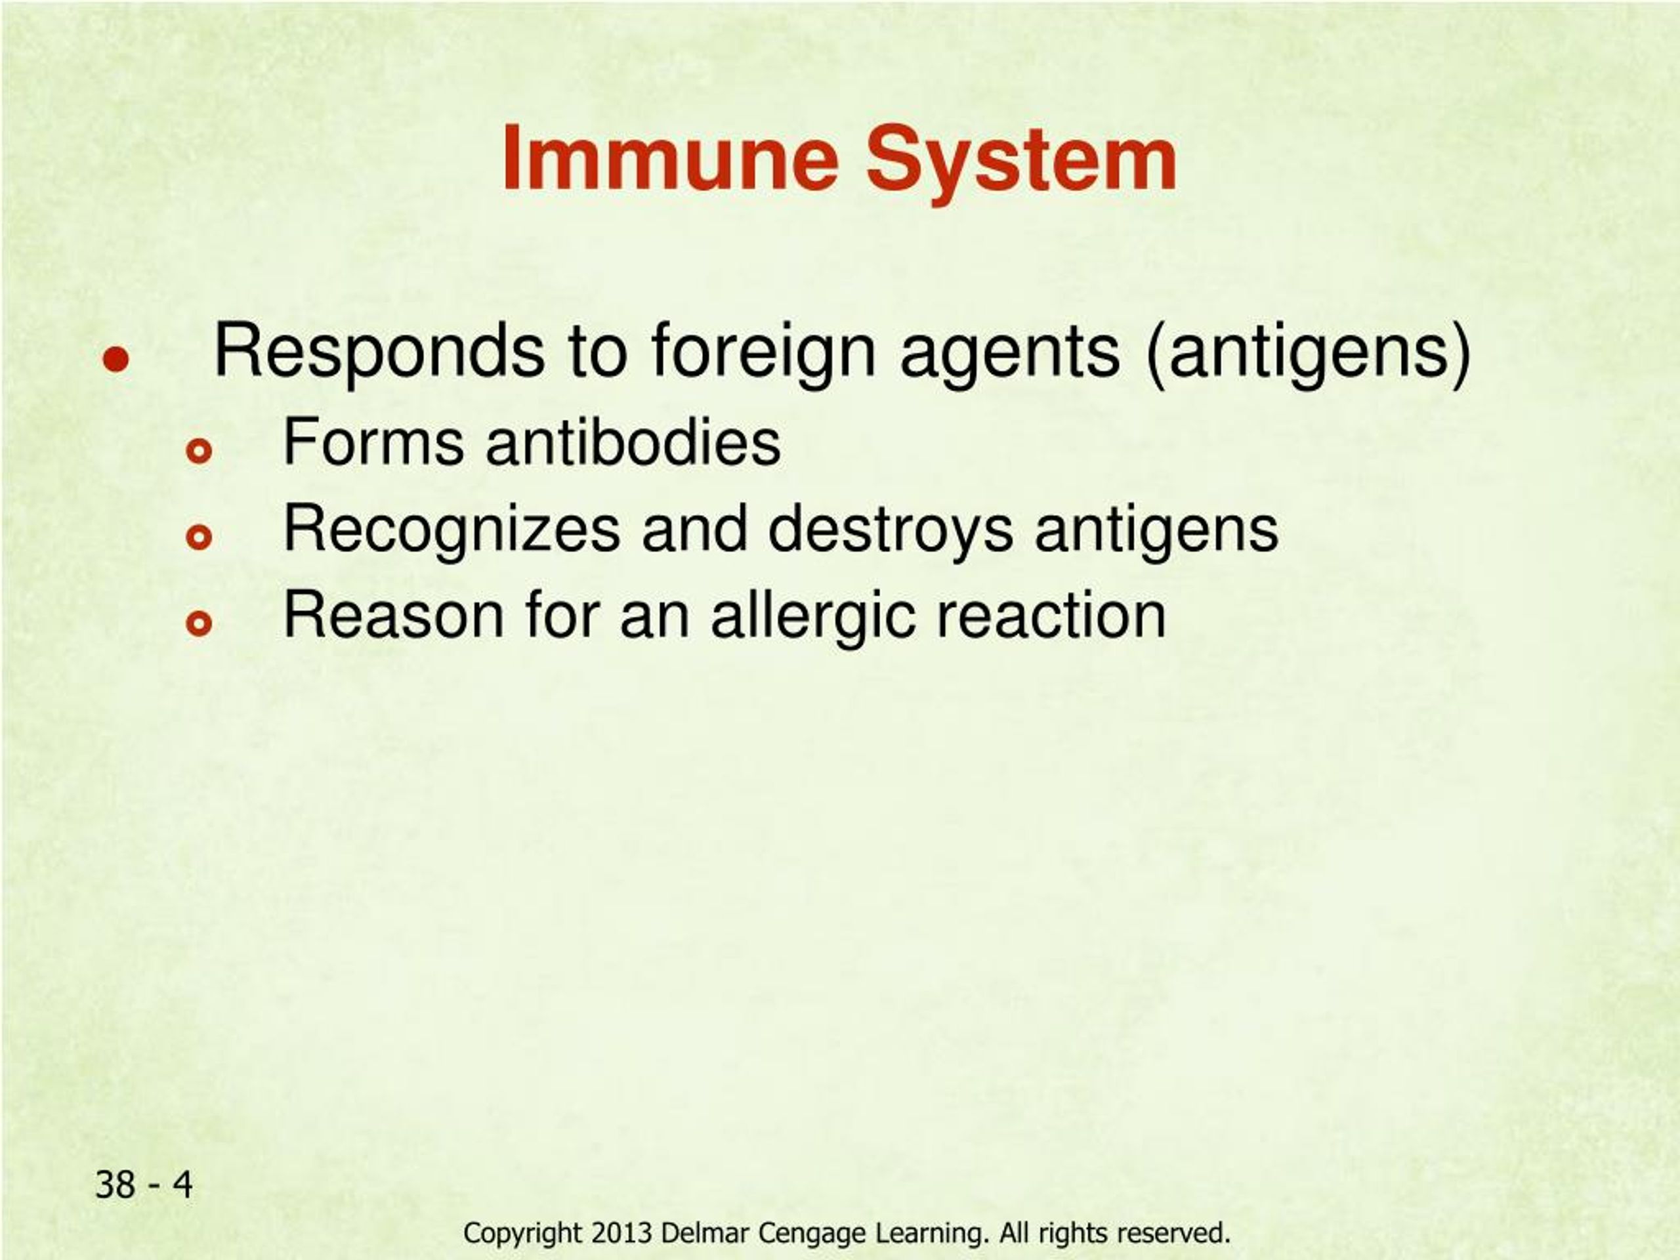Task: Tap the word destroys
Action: (x=890, y=532)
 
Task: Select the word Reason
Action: (x=393, y=615)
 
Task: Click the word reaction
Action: (x=1051, y=615)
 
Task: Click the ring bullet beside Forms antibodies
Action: (x=199, y=452)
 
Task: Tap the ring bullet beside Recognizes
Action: (x=199, y=537)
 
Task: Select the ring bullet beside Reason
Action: (x=199, y=624)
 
